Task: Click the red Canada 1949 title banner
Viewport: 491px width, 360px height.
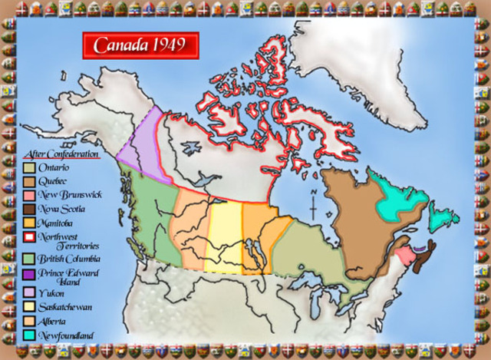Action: (140, 45)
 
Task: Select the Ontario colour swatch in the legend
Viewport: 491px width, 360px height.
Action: (28, 167)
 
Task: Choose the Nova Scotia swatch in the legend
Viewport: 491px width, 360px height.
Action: (28, 208)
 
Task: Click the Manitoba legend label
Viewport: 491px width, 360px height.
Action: (55, 222)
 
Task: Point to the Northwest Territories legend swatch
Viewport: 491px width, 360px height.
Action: (28, 236)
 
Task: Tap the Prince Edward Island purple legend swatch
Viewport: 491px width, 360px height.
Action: (28, 272)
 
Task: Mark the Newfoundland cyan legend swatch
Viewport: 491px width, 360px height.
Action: (28, 335)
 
